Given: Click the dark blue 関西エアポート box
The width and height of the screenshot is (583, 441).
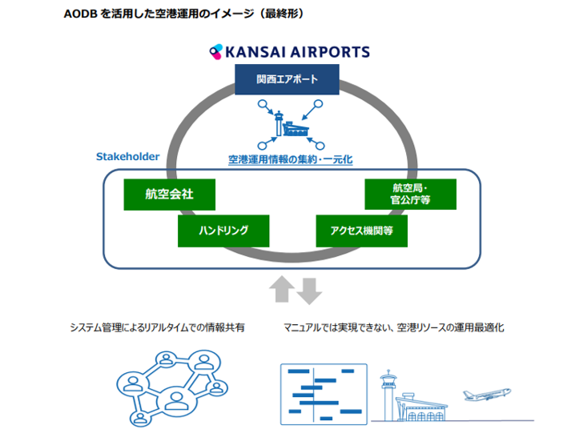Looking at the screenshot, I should pyautogui.click(x=287, y=80).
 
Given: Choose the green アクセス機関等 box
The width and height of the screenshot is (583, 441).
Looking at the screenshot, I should pyautogui.click(x=362, y=231).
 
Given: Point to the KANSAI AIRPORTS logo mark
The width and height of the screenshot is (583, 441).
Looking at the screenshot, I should pyautogui.click(x=215, y=52).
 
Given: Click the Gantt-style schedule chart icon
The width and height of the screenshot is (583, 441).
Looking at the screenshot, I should pyautogui.click(x=323, y=391).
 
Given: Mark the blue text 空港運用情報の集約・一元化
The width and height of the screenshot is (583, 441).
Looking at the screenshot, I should pyautogui.click(x=289, y=159).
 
